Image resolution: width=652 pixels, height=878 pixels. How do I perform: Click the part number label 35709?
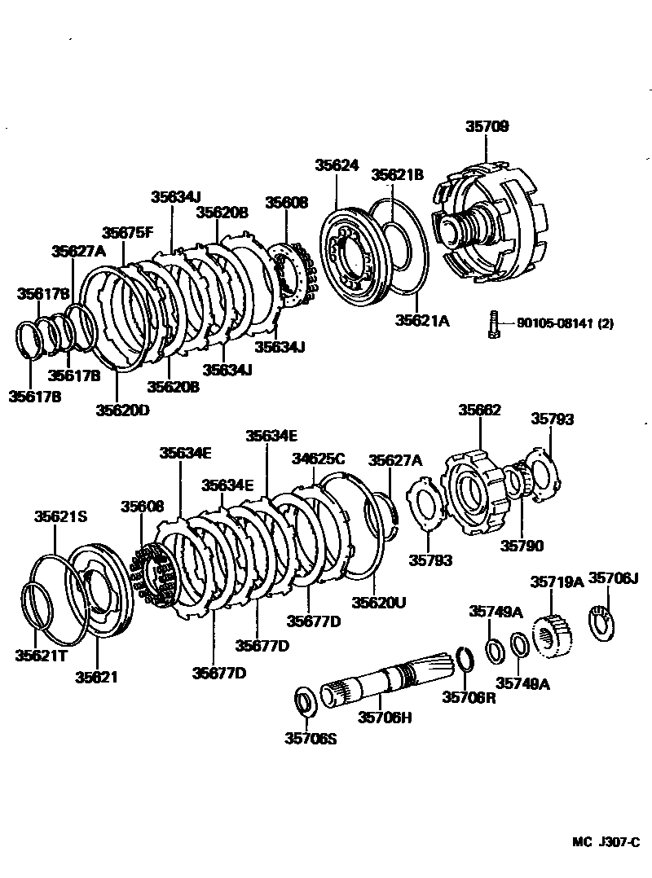pos(487,127)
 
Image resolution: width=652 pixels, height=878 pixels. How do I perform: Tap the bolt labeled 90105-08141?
pos(493,324)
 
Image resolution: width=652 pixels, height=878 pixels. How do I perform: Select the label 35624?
pos(337,165)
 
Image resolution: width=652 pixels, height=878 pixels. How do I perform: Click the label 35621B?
pos(398,174)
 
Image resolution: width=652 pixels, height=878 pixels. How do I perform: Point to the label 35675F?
pos(128,232)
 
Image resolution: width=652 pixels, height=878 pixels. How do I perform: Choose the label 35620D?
pos(122,410)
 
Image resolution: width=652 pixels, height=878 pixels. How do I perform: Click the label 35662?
pos(479,410)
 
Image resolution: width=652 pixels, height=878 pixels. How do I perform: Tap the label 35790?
pos(522,546)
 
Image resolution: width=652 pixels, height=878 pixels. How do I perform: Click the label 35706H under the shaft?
pos(385,718)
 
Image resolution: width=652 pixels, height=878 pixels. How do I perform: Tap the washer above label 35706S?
pos(306,699)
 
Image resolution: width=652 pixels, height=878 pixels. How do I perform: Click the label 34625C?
pos(319,459)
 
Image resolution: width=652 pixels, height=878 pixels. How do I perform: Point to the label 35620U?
pos(378,602)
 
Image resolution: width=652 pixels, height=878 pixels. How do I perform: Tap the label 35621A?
pos(422,321)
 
